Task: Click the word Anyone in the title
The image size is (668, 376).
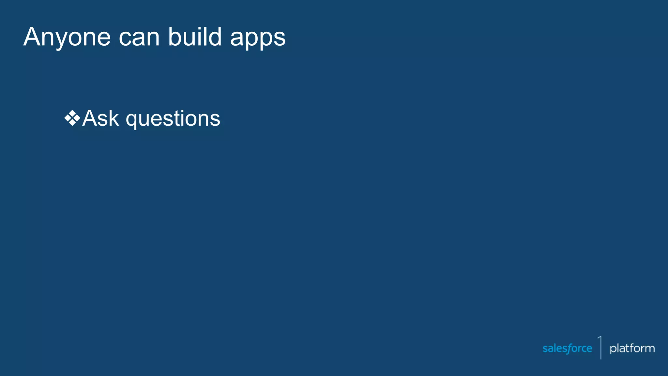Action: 67,37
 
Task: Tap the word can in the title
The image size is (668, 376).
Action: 139,38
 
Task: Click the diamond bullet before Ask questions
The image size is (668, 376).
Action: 72,118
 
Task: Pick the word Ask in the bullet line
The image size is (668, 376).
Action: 100,118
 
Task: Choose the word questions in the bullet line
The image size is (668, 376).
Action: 173,119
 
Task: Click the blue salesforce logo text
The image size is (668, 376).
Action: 567,349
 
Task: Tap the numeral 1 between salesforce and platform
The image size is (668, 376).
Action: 600,347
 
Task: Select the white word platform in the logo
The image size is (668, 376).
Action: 632,349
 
